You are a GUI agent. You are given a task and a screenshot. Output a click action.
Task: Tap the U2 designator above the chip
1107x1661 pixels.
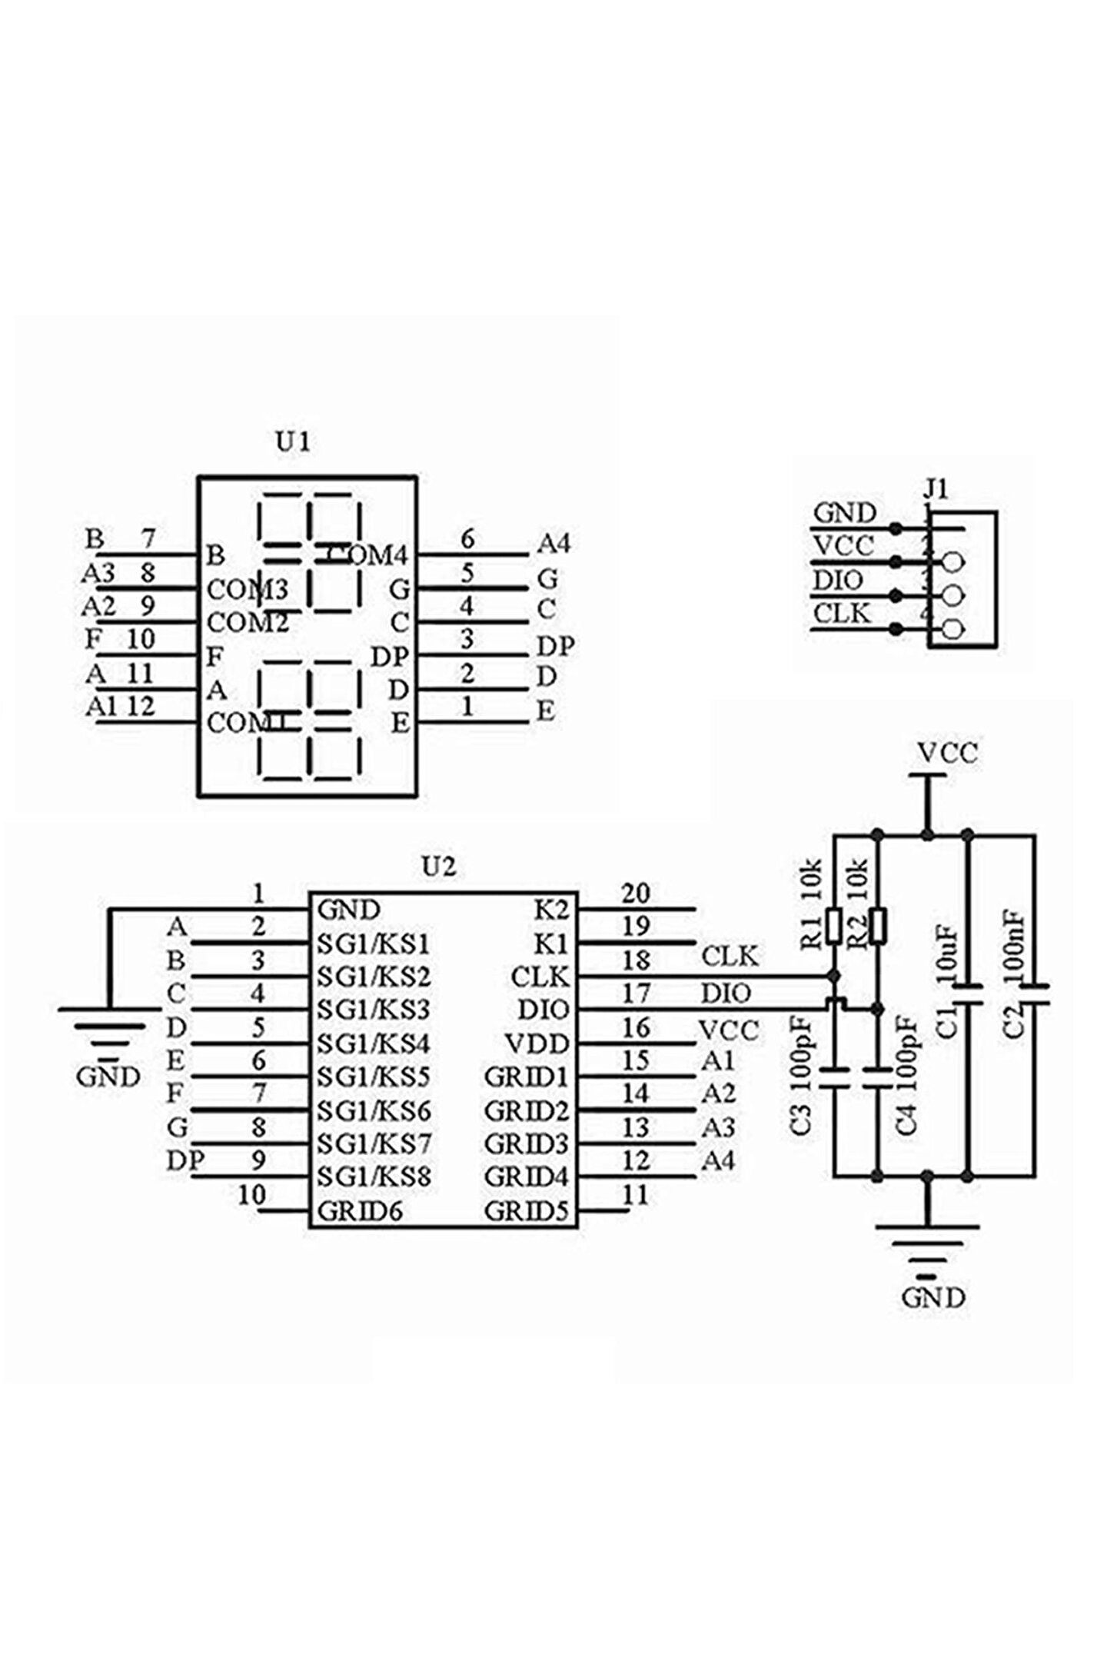[439, 867]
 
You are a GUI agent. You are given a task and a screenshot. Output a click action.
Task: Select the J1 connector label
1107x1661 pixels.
[936, 489]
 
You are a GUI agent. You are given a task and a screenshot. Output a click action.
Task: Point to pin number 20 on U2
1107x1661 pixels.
[636, 894]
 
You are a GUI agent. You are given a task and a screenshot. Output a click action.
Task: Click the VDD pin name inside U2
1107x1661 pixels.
[537, 1044]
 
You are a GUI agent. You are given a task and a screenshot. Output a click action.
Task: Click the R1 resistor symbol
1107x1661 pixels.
[835, 926]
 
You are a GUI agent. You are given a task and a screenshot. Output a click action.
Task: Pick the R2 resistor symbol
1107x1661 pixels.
[879, 926]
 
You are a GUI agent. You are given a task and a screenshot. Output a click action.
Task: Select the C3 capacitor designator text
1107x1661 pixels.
[801, 1120]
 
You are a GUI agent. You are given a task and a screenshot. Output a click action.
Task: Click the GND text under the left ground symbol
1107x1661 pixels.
[108, 1077]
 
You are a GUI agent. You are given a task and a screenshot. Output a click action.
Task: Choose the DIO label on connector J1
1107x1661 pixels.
[839, 581]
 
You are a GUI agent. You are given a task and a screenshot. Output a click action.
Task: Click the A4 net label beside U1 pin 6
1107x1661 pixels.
[553, 544]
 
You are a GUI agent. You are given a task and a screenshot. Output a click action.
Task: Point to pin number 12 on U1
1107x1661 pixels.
[140, 706]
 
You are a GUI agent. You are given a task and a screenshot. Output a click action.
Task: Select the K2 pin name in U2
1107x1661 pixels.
[552, 910]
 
